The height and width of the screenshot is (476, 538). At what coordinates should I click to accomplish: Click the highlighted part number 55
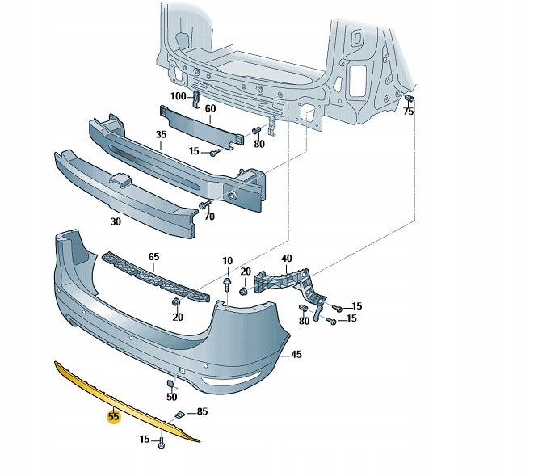(x=113, y=417)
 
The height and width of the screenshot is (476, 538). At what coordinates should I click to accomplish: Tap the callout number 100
(x=178, y=96)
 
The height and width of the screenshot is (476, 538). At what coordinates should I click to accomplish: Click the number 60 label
(x=210, y=107)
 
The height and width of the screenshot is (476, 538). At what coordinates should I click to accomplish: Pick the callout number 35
(x=161, y=135)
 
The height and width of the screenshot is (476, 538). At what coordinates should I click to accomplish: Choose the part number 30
(x=116, y=221)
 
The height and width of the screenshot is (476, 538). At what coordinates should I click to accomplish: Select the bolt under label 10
(x=228, y=284)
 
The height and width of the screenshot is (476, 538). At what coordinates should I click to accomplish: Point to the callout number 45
(x=296, y=354)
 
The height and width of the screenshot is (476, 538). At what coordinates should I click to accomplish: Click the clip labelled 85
(x=179, y=415)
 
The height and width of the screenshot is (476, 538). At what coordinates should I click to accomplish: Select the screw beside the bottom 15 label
(x=162, y=442)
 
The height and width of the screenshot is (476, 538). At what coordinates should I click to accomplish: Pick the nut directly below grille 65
(x=175, y=303)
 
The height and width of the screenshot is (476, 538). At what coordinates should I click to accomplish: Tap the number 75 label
(x=408, y=112)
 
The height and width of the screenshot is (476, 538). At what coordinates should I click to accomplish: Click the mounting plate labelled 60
(x=198, y=123)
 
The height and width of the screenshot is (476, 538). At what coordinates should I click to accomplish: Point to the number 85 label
(x=202, y=411)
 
